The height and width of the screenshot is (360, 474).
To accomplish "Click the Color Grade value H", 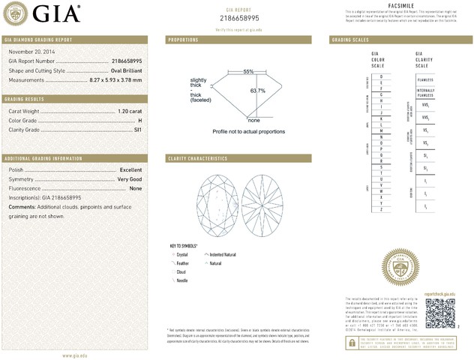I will [x=139, y=120].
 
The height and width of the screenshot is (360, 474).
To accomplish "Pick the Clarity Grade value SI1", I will [x=137, y=130].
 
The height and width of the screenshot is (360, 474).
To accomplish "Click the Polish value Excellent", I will [x=130, y=170].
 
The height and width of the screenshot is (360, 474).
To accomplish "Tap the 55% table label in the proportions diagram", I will [x=248, y=71].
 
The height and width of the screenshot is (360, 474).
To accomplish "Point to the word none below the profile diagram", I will [x=253, y=120].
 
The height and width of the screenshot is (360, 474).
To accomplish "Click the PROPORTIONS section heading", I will [x=183, y=39].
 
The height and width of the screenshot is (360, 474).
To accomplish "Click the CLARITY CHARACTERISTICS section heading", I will [x=198, y=158].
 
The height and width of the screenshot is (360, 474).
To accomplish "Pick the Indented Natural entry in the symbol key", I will [x=224, y=255].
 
